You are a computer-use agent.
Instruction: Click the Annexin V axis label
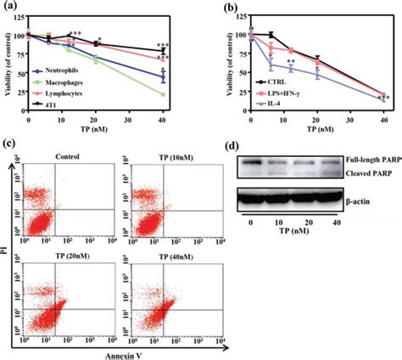(x=118, y=352)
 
